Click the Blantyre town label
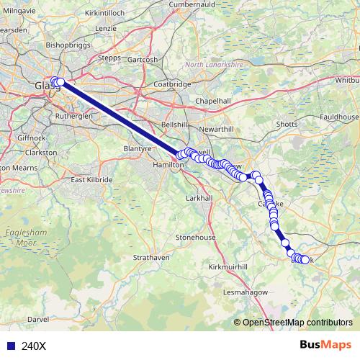(140, 148)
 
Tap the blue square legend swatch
(9, 346)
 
